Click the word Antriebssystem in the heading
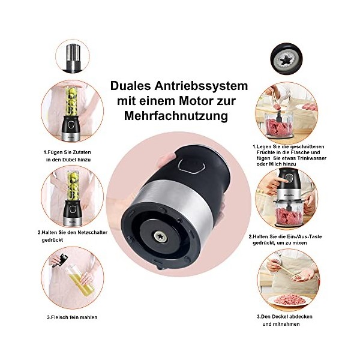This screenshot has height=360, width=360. (x=201, y=86)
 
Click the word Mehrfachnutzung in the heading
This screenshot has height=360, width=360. (x=176, y=116)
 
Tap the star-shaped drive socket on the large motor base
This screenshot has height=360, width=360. (x=160, y=237)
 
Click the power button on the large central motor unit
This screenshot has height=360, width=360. (x=192, y=165)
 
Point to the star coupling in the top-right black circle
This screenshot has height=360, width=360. (x=286, y=59)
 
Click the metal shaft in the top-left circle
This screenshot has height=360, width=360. (x=73, y=58)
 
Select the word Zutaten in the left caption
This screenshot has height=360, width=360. (x=82, y=152)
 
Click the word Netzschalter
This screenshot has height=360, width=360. (x=92, y=232)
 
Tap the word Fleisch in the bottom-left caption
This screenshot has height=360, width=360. (x=59, y=317)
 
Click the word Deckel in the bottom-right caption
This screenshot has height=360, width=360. (x=279, y=317)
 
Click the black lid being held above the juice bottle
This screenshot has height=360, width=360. (x=60, y=260)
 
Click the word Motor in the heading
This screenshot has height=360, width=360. (x=197, y=101)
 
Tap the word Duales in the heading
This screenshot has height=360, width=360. (x=130, y=86)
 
